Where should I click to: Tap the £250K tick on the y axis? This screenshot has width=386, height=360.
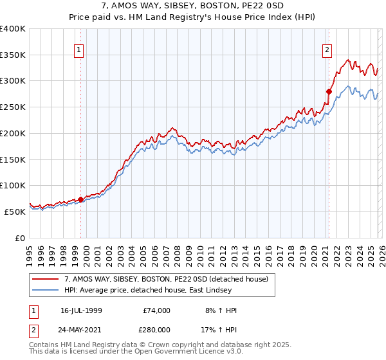pos(13,107)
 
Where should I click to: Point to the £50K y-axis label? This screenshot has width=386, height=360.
pos(15,211)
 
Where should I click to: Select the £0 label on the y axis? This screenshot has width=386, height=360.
pos(21,237)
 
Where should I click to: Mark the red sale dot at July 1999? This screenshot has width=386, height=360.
pos(80,199)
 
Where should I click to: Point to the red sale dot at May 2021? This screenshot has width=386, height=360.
pos(329,91)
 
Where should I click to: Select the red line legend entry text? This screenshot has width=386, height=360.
pos(170,279)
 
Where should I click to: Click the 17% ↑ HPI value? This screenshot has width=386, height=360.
pos(218,329)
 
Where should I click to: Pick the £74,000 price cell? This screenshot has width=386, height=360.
pos(157,310)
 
